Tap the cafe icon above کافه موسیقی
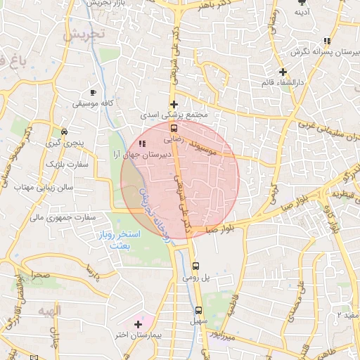pyautogui.click(x=93, y=92)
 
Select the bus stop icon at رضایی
pyautogui.click(x=174, y=128)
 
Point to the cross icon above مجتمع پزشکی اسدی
pyautogui.click(x=174, y=104)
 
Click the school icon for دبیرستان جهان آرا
pyautogui.click(x=143, y=144)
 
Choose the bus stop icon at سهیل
pyautogui.click(x=198, y=310)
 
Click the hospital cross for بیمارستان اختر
pyautogui.click(x=137, y=325)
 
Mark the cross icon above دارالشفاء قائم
pyautogui.click(x=283, y=72)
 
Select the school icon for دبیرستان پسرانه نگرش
pyautogui.click(x=326, y=41)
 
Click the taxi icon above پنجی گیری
pyautogui.click(x=64, y=131)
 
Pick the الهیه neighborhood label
pyautogui.click(x=51, y=310)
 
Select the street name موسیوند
pyautogui.click(x=201, y=150)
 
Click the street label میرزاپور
pyautogui.click(x=235, y=337)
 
